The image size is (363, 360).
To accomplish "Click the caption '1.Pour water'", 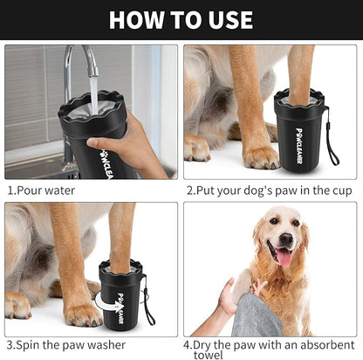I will [x=42, y=190].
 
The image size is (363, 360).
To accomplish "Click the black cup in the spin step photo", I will [x=122, y=297].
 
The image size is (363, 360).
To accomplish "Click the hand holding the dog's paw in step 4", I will [x=229, y=297].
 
